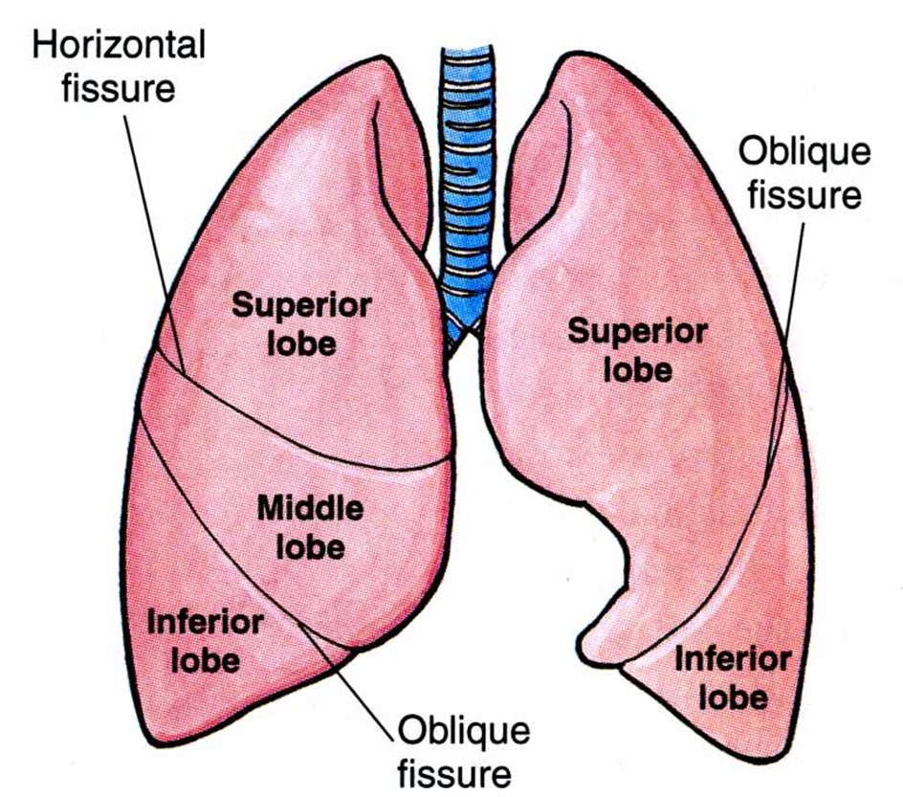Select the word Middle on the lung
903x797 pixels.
pyautogui.click(x=311, y=508)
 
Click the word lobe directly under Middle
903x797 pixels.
pyautogui.click(x=311, y=547)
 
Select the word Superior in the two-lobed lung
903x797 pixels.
pyautogui.click(x=637, y=332)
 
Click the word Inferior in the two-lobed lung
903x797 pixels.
pyautogui.click(x=733, y=658)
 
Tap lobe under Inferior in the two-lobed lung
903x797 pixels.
pyautogui.click(x=733, y=697)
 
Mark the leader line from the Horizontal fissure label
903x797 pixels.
pyautogui.click(x=154, y=239)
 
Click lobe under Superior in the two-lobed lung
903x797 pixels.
pyautogui.click(x=637, y=369)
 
